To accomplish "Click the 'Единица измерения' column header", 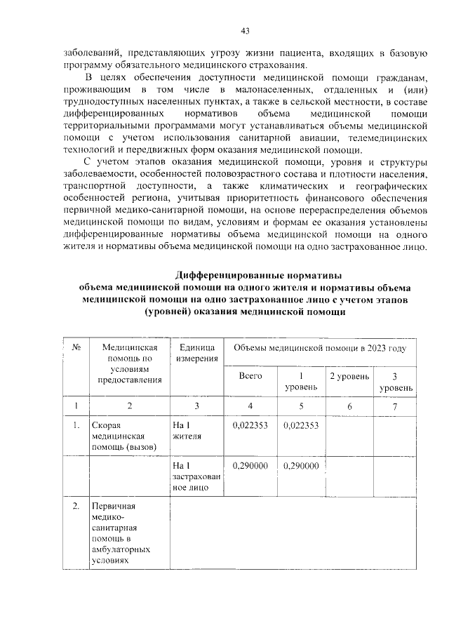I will (x=196, y=354).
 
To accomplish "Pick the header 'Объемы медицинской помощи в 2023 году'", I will (x=319, y=348).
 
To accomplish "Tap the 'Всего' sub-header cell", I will (x=250, y=376).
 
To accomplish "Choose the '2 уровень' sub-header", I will (x=349, y=376).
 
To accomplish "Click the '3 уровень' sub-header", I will (x=396, y=382).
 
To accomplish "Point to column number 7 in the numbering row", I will (x=395, y=406).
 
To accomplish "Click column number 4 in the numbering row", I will (x=250, y=406).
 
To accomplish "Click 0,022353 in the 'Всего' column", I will (x=250, y=426).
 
